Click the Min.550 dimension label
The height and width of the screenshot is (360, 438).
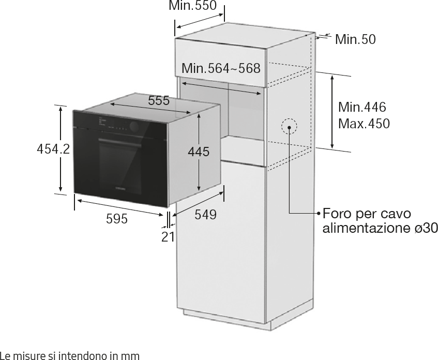(x=192, y=5)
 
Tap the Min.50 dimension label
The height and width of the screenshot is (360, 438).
(x=355, y=39)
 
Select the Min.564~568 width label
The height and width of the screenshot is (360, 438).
(x=221, y=68)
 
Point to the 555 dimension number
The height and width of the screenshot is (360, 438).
(x=159, y=100)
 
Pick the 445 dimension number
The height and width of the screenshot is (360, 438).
(x=199, y=152)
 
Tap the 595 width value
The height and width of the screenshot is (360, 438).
(x=117, y=219)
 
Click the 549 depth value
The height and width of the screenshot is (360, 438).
(x=206, y=215)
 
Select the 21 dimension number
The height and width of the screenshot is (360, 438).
(x=168, y=237)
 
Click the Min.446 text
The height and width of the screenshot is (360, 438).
(x=362, y=107)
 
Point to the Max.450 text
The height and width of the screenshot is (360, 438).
(x=364, y=124)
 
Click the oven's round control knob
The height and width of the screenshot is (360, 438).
(x=134, y=127)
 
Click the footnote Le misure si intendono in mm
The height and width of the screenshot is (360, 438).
(x=70, y=355)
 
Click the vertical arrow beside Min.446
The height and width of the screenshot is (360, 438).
(x=332, y=112)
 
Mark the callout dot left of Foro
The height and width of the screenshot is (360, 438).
(x=319, y=214)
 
